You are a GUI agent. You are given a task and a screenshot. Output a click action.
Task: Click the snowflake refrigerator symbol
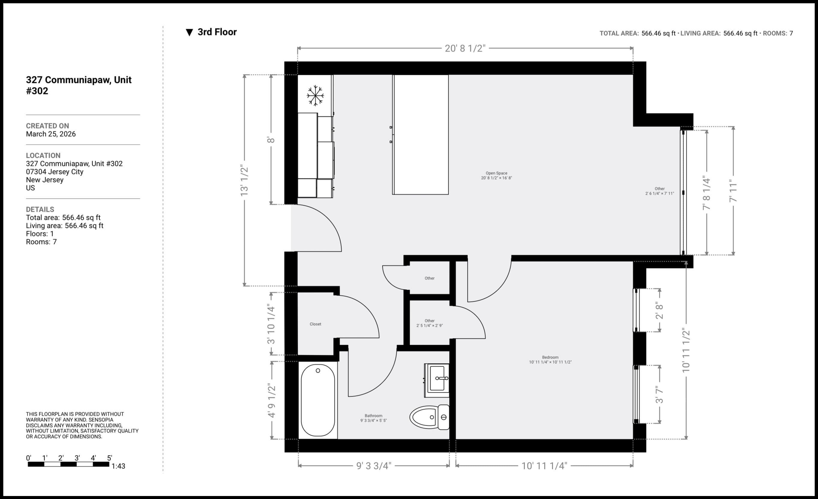[x=315, y=96]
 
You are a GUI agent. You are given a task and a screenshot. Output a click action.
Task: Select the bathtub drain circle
[x=318, y=371]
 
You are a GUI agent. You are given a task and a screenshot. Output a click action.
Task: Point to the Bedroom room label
[x=550, y=357]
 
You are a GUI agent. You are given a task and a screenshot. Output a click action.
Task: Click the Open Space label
[x=496, y=173]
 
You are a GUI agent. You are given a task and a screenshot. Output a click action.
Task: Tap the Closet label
[x=315, y=324]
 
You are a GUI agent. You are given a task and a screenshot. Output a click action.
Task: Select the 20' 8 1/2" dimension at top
[x=465, y=49]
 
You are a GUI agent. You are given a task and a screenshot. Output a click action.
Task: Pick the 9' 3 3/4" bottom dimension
[x=373, y=466]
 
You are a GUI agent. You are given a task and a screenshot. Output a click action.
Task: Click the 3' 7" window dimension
[x=659, y=394]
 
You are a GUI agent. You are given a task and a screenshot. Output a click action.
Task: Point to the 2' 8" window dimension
[x=659, y=310]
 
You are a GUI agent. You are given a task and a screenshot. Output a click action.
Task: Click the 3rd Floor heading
[x=217, y=32]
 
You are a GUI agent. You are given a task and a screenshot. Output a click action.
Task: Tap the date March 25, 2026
[x=51, y=134]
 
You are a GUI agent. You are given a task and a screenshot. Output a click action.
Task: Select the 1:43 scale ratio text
[x=118, y=466]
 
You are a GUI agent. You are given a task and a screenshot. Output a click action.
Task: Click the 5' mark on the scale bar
[x=109, y=458]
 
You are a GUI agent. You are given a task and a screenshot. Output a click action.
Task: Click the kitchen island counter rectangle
[x=421, y=134]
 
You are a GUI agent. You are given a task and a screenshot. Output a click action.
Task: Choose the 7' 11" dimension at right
[x=733, y=190]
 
